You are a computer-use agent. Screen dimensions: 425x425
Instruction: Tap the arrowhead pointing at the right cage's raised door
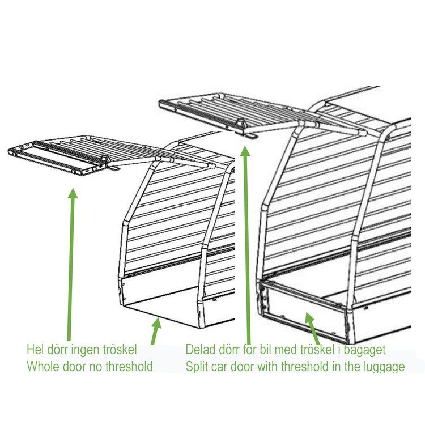(245, 150)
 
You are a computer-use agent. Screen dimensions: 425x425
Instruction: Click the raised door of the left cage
(62, 153)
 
